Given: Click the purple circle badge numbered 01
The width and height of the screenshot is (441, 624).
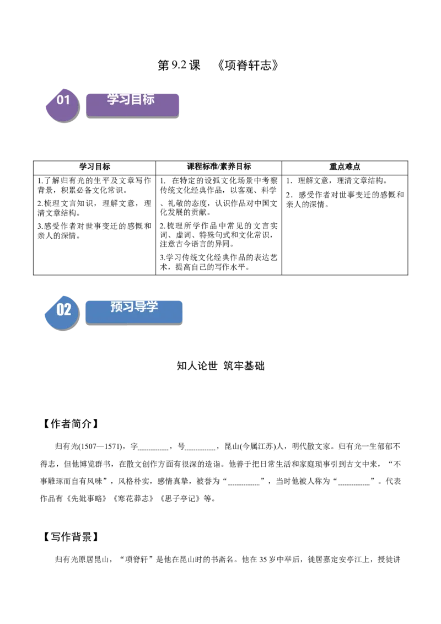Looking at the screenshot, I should pos(62,105).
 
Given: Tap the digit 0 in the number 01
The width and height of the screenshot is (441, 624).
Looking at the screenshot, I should pos(60,100).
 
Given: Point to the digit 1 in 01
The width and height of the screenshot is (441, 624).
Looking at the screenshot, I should pos(67,100).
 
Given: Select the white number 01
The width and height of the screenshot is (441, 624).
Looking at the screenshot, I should pos(63,100).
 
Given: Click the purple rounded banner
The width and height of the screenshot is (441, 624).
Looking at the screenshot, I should pos(132,105).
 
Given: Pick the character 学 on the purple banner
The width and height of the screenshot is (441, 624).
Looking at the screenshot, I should pos(113,99).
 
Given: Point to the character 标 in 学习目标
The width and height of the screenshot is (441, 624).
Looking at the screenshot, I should pos(148,99).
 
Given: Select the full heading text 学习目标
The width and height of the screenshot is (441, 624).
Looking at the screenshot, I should pos(131,99).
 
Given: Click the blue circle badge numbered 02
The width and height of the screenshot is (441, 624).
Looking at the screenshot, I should pos(62,313).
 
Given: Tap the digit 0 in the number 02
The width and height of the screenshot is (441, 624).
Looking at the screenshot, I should pos(60,309).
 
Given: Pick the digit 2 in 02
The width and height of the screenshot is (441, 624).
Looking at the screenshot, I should pos(67,309).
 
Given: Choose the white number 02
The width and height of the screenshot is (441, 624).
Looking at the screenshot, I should pos(64,309).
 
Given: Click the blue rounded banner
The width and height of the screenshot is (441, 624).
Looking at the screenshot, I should pos(134,312).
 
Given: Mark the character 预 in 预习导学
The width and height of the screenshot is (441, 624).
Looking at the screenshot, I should pos(116,306).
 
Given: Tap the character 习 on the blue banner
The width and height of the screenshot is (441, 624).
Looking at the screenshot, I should pos(128,306).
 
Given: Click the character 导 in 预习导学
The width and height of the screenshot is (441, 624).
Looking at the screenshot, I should pos(140,306).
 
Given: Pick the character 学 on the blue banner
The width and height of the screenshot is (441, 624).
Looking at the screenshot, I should pos(152,306).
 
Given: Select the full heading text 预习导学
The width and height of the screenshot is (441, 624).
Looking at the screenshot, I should pos(134,306).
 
